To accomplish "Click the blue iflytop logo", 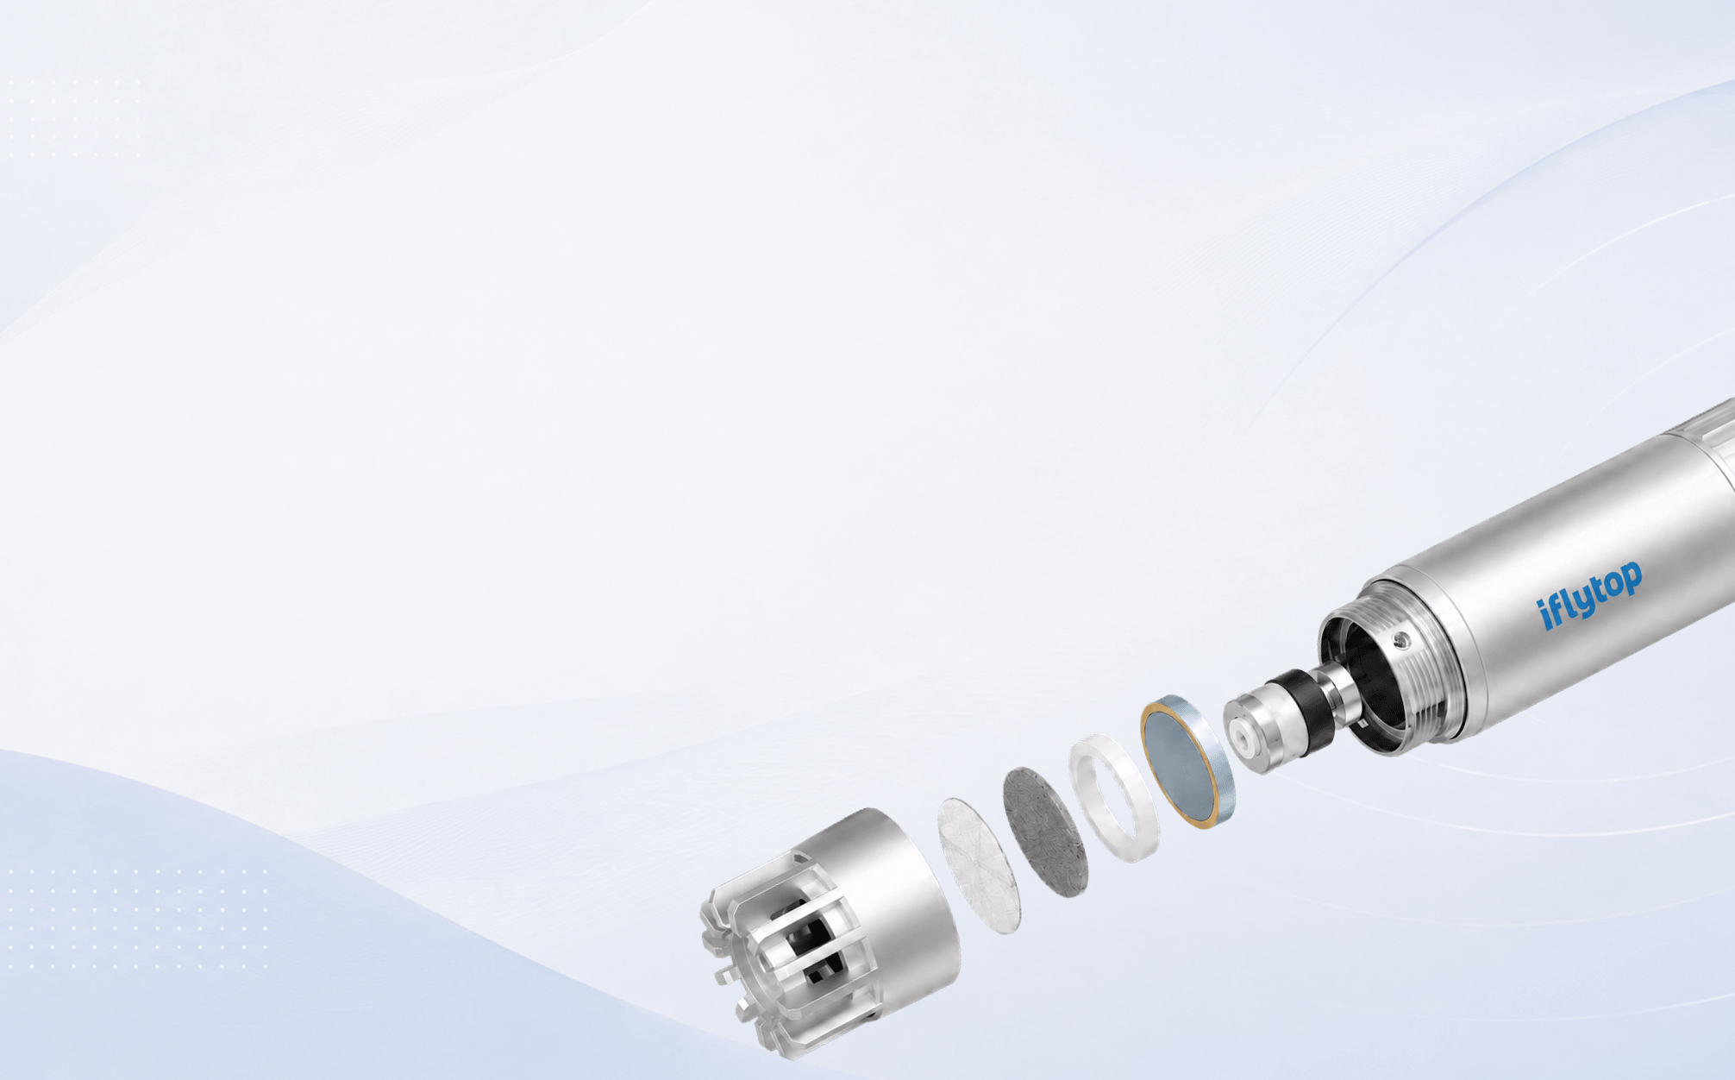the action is [x=1590, y=595].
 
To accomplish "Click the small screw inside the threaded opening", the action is [x=1402, y=640].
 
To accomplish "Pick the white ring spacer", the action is [x=1115, y=797].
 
